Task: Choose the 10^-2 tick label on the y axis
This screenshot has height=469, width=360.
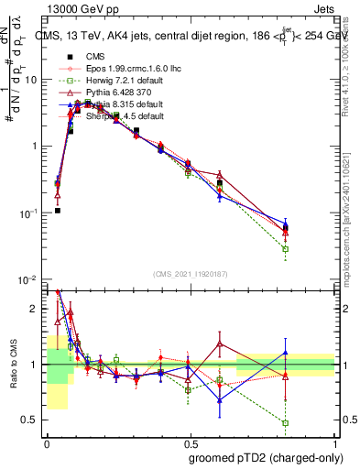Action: pos(27,279)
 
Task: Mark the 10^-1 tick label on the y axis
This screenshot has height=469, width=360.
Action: pos(27,213)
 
